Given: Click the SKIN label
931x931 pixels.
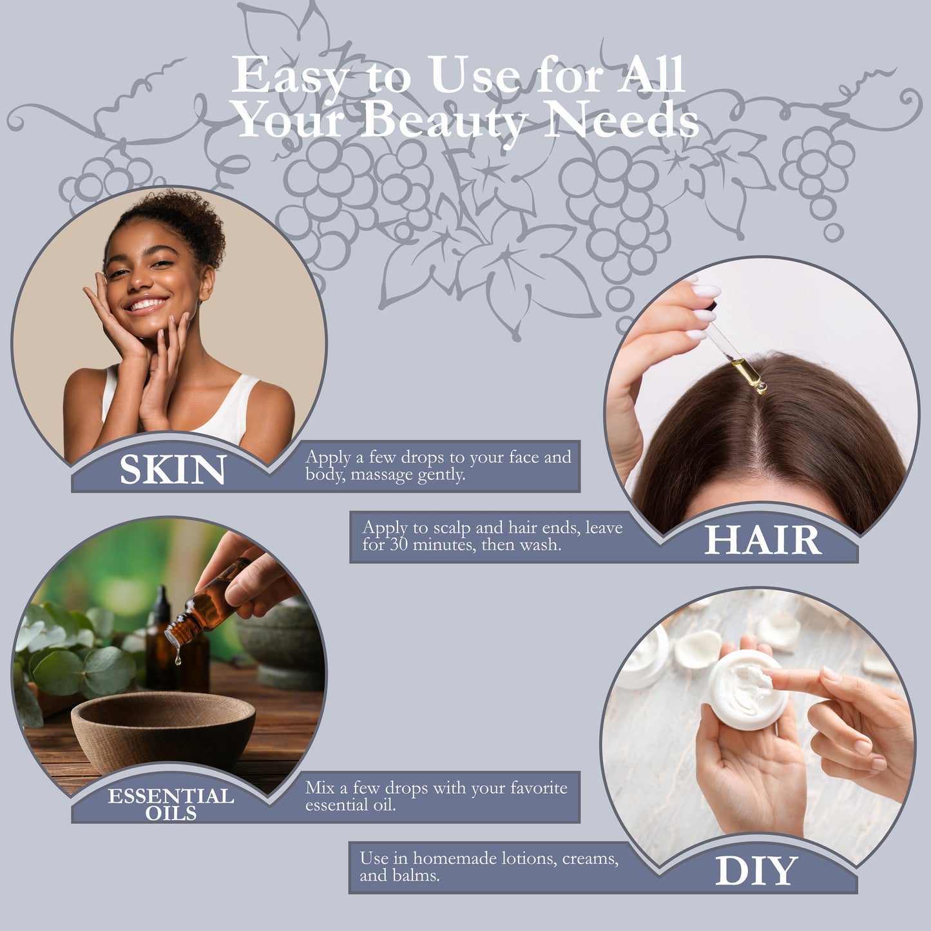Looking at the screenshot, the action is tap(173, 469).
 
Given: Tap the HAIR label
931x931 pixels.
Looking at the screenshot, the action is tap(762, 540).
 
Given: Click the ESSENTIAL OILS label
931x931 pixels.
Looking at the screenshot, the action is tap(171, 804).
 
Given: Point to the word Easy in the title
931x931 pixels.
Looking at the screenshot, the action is tap(291, 75).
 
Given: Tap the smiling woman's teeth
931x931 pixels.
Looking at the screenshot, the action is tap(146, 305).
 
